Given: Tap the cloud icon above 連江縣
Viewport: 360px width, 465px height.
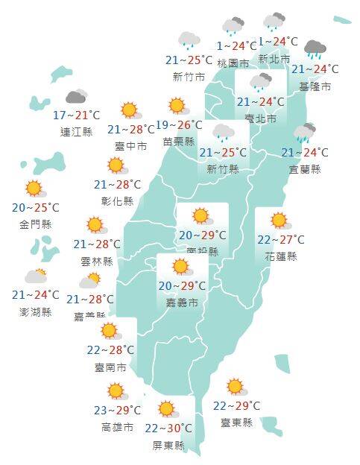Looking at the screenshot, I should click(x=76, y=97).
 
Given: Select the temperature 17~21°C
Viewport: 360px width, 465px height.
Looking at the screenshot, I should click(x=76, y=116).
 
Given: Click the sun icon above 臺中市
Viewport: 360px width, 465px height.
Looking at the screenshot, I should click(x=130, y=111).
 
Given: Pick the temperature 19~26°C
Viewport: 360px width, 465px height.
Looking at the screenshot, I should click(x=179, y=124).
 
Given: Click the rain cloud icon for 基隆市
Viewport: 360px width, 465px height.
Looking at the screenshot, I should click(x=315, y=51).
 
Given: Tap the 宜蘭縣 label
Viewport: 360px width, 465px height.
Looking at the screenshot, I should click(x=306, y=169).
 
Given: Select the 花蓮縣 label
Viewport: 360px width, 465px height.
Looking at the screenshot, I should click(x=280, y=256).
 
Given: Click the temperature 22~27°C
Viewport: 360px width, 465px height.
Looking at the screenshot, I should click(x=280, y=240).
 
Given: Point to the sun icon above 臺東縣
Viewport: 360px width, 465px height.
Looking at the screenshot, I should click(x=236, y=387).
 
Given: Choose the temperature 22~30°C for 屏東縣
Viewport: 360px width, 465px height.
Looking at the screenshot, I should click(x=168, y=428).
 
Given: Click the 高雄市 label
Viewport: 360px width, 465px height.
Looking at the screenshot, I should click(x=118, y=427).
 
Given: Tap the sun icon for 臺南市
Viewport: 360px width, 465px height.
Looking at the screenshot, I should click(x=110, y=331).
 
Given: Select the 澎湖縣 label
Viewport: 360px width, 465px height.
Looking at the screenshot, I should click(x=37, y=312).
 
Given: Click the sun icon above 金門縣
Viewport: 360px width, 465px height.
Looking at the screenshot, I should click(x=34, y=189).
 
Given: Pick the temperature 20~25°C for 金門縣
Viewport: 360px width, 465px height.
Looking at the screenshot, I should click(x=36, y=206).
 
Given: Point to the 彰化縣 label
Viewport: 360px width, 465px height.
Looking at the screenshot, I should click(x=118, y=201).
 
